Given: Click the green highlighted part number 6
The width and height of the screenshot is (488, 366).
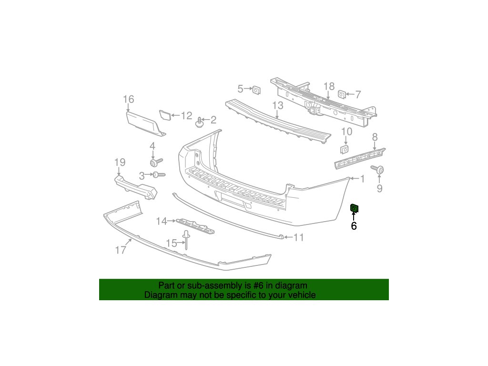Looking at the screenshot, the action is pyautogui.click(x=355, y=208).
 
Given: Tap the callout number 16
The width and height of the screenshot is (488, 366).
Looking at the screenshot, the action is pyautogui.click(x=128, y=100).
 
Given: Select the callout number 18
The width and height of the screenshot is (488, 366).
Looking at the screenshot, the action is pyautogui.click(x=329, y=86).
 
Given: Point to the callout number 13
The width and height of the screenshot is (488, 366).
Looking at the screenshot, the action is pyautogui.click(x=278, y=105).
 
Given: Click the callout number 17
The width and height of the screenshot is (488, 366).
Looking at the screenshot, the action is pyautogui.click(x=121, y=249).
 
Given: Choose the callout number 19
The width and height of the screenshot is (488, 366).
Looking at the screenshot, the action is pyautogui.click(x=119, y=163).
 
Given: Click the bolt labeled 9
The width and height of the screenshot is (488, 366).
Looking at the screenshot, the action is pyautogui.click(x=380, y=169).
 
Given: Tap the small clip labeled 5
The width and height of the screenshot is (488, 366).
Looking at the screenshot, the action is pyautogui.click(x=256, y=89).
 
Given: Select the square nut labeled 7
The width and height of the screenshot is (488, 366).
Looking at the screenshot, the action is pyautogui.click(x=342, y=94).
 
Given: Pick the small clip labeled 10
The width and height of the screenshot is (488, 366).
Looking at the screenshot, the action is pyautogui.click(x=344, y=150).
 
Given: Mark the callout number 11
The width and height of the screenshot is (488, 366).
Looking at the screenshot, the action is pyautogui.click(x=298, y=237).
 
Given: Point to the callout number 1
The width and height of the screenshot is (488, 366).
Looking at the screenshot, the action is pyautogui.click(x=362, y=179).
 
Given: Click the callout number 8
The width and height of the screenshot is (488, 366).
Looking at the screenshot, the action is pyautogui.click(x=375, y=137).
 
